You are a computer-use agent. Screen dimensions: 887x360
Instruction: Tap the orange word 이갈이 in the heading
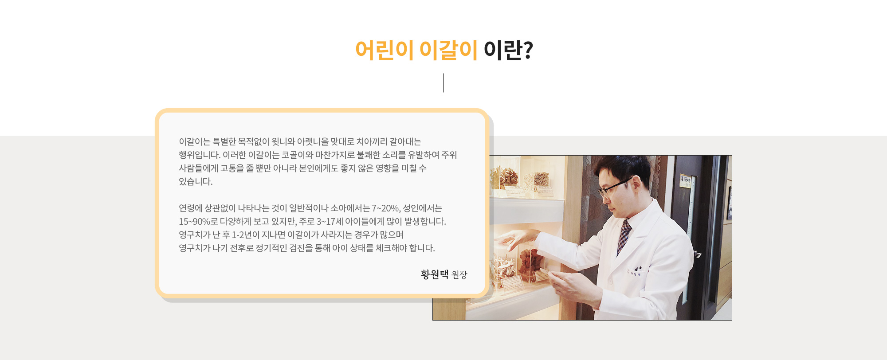pos(448,50)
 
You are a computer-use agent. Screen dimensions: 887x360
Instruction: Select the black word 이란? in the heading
pos(508,50)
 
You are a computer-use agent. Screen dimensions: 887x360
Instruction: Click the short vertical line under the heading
pos(443,83)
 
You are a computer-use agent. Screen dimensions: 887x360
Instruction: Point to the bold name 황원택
pos(435,274)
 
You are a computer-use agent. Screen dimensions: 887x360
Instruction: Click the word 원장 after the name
pos(459,275)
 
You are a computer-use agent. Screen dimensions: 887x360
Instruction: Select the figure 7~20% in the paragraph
pos(386,208)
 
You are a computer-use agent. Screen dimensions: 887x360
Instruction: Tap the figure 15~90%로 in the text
pos(198,222)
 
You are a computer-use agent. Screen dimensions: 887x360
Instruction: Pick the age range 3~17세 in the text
pos(330,222)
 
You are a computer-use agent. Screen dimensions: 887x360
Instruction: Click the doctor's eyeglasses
pos(614,187)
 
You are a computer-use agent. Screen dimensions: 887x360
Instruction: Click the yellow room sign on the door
pos(686,181)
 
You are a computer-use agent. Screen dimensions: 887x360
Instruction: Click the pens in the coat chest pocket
pos(638,268)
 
